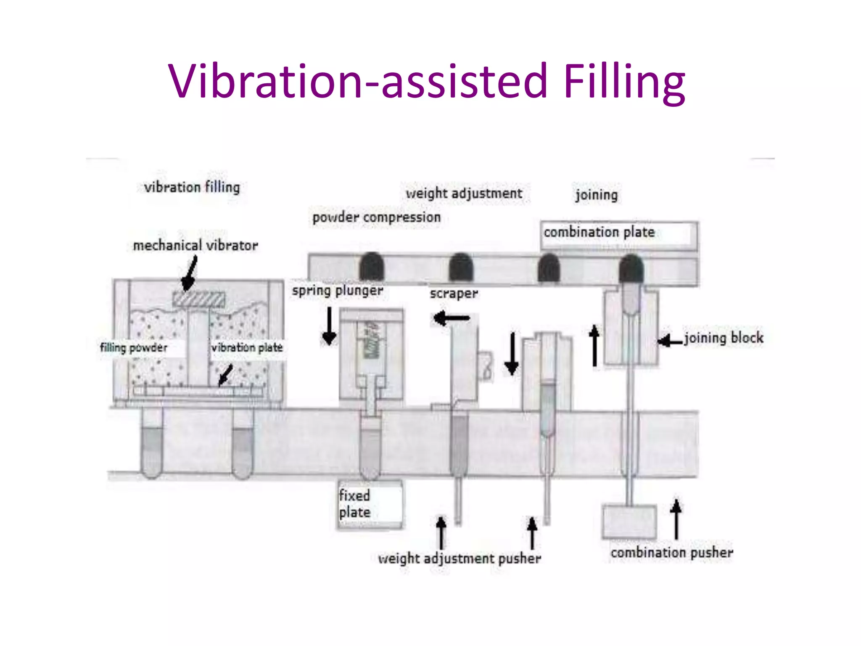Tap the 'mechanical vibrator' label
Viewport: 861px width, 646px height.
[195, 245]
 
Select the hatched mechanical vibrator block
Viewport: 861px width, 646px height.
[198, 299]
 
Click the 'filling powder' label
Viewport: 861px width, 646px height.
[134, 348]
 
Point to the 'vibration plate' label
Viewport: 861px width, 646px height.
[247, 348]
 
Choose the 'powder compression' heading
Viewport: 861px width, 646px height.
[376, 217]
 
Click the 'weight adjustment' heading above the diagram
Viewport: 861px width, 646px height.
[464, 193]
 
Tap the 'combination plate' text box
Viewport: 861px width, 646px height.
[618, 233]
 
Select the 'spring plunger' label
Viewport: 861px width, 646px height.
[338, 291]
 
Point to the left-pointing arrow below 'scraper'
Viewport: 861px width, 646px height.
[452, 318]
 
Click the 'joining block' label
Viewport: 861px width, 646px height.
[724, 338]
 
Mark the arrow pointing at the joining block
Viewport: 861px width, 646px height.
[670, 341]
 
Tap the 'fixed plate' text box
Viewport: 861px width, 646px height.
[370, 504]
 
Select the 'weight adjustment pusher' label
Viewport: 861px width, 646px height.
[460, 559]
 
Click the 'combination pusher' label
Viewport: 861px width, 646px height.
[672, 553]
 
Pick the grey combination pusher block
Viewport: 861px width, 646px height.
[629, 522]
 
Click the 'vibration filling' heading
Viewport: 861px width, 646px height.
[192, 188]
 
